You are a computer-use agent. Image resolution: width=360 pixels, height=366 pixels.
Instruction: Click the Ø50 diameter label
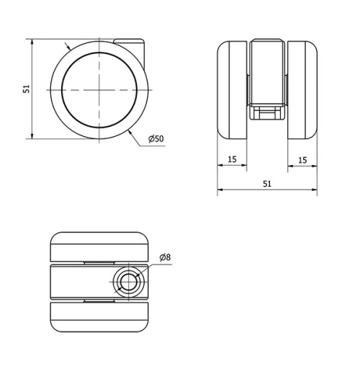click(x=156, y=139)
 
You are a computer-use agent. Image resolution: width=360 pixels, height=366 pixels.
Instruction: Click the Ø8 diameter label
click(x=165, y=257)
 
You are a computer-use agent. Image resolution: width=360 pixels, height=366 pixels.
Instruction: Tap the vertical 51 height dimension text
click(x=27, y=89)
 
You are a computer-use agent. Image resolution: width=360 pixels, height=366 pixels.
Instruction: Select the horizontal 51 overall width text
click(x=267, y=184)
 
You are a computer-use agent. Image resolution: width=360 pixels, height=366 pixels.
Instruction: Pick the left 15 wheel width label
click(x=232, y=159)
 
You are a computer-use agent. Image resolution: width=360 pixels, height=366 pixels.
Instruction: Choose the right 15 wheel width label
click(x=302, y=160)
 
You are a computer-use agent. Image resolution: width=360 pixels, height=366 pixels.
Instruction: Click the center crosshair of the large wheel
click(x=99, y=90)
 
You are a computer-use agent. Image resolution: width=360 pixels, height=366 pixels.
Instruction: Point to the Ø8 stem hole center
click(x=129, y=282)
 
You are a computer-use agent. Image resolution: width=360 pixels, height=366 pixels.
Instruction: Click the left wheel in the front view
click(x=232, y=90)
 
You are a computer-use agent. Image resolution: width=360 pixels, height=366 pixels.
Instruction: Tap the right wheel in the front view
click(x=302, y=90)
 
